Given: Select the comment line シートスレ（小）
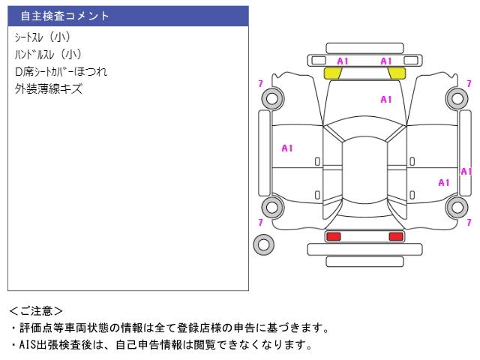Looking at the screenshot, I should coord(43,37).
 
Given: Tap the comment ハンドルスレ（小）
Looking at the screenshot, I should coord(48,54).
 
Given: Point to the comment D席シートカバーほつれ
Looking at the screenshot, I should coord(61,72).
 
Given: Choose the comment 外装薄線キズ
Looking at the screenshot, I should coord(48,89).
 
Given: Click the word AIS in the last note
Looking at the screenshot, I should coord(27,345).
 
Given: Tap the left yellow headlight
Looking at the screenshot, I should coord(333,73).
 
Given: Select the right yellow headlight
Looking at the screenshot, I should coord(397,73).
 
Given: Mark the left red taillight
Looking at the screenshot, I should coord(333,236).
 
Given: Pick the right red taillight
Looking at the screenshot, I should coord(395,236).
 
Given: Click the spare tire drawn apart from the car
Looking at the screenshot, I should coord(263,244).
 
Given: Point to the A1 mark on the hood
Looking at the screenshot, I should coord(386,99).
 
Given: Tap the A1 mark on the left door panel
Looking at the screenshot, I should coord(287,148).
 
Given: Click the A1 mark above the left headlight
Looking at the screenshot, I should coord(343,61).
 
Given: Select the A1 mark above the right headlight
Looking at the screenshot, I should coord(386,61).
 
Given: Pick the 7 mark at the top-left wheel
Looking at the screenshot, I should coord(259,82).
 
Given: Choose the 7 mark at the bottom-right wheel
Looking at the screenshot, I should coord(470,222).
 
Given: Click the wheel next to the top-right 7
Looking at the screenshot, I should coord(456,97).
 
